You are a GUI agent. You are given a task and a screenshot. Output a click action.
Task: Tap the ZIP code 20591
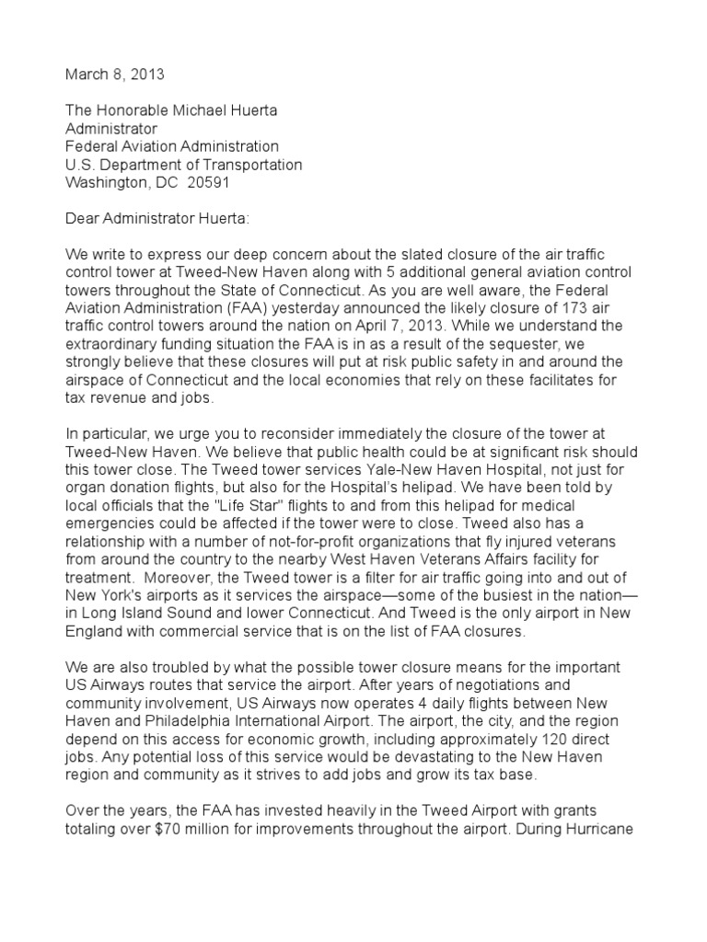coord(207,182)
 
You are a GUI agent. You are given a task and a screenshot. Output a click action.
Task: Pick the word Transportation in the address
coord(247,165)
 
